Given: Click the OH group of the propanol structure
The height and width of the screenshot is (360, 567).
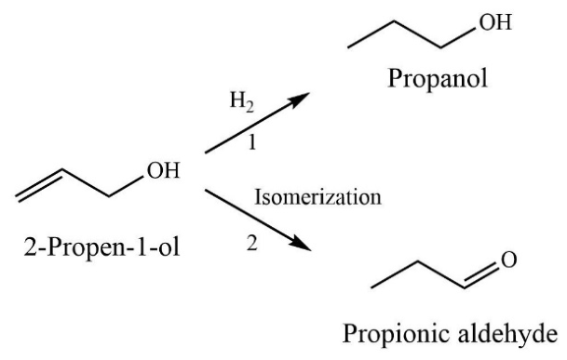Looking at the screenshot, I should click(492, 25).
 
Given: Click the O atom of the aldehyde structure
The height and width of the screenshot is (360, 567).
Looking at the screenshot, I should click(508, 261).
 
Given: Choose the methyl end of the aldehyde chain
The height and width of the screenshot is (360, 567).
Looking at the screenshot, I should click(373, 282).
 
